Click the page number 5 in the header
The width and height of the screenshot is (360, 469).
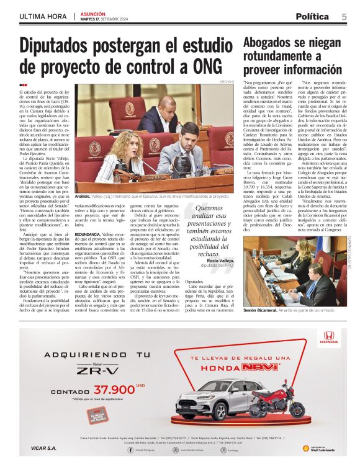click(x=344, y=16)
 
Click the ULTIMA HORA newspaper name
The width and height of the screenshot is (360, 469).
click(x=43, y=16)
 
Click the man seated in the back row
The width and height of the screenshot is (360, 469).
click(x=161, y=115)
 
